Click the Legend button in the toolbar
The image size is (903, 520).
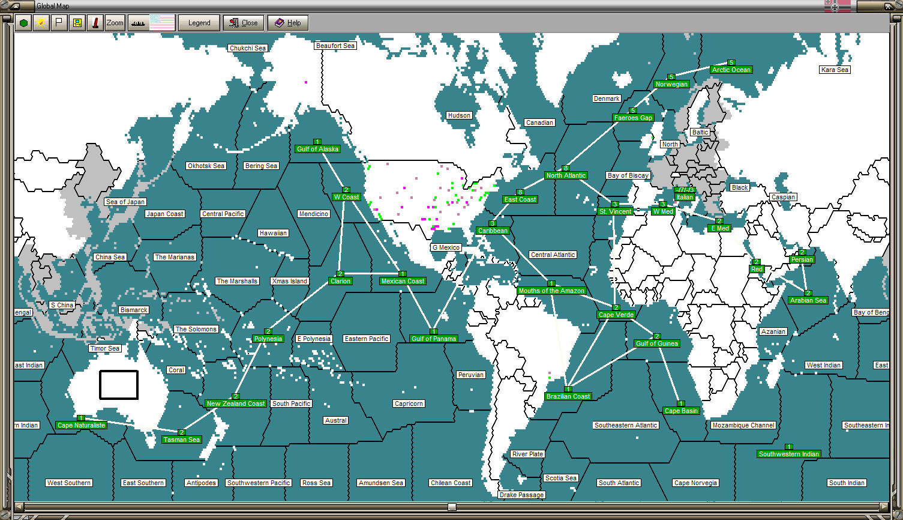tap(199, 23)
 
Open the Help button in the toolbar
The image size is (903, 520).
tap(288, 23)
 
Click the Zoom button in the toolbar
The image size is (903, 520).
tap(115, 23)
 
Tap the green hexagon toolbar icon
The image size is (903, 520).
tap(23, 23)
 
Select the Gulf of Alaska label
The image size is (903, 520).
tap(318, 149)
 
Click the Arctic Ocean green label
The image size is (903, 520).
tap(731, 70)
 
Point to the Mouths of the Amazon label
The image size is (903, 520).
tap(551, 291)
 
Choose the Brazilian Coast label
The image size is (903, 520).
tap(568, 396)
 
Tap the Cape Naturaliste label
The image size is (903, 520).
tap(82, 425)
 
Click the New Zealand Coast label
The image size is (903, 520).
tap(236, 404)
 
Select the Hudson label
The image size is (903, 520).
tap(459, 115)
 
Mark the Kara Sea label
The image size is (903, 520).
tap(835, 70)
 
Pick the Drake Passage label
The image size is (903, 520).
tap(521, 495)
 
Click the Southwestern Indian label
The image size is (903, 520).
tap(788, 454)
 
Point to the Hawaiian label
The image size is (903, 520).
tap(273, 233)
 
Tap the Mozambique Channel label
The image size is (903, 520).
tap(743, 425)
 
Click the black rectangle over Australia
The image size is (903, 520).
tap(119, 385)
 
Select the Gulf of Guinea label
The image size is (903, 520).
tap(657, 343)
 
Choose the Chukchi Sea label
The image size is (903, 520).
tap(248, 48)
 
